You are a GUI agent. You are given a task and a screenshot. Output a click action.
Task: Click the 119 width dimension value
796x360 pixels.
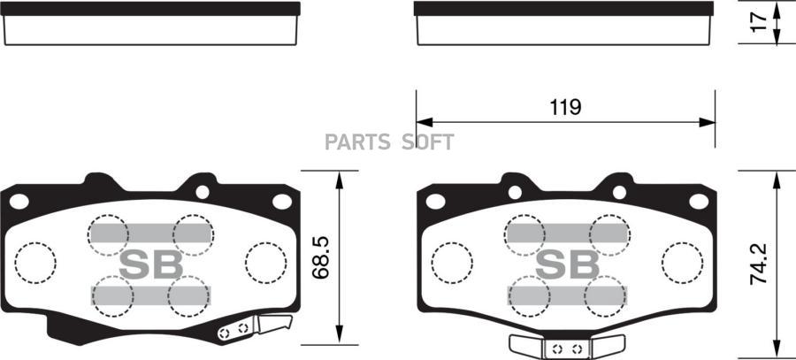coord(565,107)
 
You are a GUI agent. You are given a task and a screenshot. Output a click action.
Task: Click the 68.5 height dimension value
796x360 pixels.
coord(321,257)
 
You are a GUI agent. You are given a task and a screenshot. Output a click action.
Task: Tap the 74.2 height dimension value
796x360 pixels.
coord(759,263)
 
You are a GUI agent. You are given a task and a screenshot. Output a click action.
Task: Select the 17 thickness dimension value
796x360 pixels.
coord(759,22)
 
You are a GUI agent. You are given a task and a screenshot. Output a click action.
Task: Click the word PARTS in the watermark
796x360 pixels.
coord(357,142)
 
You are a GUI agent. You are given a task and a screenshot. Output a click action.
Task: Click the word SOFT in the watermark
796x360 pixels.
coord(427,142)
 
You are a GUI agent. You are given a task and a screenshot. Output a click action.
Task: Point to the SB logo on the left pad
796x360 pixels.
coord(150,264)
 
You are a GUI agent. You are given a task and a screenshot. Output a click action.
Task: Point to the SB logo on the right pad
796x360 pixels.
coord(568,264)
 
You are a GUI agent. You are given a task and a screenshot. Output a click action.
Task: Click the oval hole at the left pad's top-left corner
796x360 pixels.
coord(19,202)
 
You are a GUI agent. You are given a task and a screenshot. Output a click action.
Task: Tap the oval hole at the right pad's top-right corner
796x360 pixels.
coord(699,202)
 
